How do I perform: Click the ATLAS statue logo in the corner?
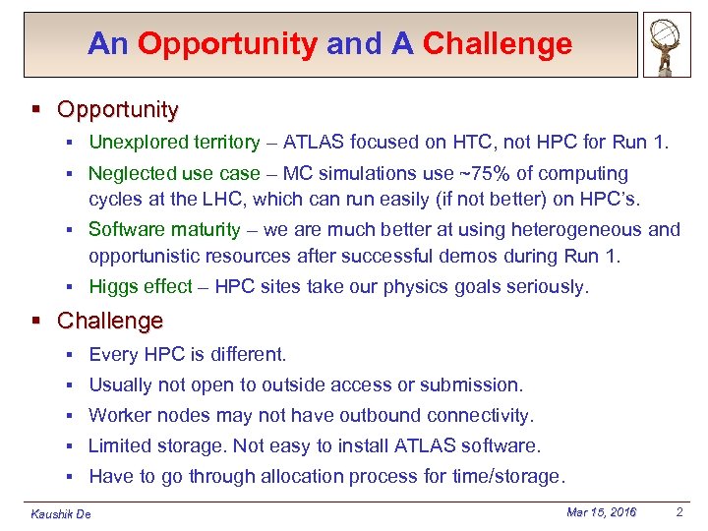coord(667,46)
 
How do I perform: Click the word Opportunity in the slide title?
coord(227,44)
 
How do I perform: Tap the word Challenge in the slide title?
coord(497,44)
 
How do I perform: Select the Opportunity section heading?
coord(118,109)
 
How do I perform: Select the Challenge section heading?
coord(110,322)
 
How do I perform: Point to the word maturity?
coord(202,230)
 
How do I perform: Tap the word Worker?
coord(119,416)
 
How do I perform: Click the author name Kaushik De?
coord(61,514)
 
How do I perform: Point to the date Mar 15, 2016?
coord(601,512)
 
